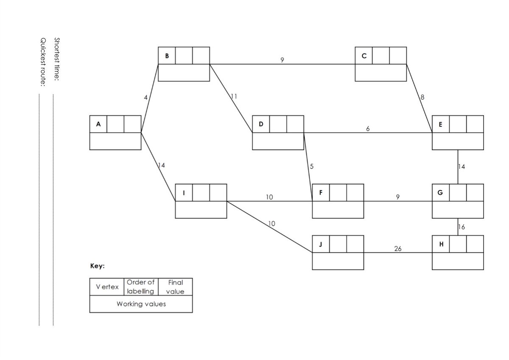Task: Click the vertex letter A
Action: point(98,124)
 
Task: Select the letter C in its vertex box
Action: point(364,56)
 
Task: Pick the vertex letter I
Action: point(184,193)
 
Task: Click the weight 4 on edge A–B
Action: point(146,98)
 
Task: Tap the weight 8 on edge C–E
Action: point(422,97)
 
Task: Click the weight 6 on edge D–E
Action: point(368,129)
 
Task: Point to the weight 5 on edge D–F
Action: point(312,166)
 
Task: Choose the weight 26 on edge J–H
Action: point(398,249)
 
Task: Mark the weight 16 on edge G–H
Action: point(462,227)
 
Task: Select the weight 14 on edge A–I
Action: point(161,166)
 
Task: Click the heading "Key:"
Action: point(98,267)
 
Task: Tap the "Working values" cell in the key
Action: point(141,304)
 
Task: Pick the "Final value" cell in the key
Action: point(175,287)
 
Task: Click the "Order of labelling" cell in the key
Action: point(141,287)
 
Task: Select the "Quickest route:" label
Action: point(43,62)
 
